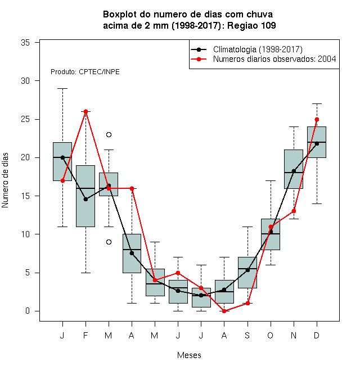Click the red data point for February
coord(85,111)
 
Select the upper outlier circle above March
coord(109,135)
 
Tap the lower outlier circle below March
coord(109,242)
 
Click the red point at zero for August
coord(224,311)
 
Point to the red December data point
coord(317,119)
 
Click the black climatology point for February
coord(85,200)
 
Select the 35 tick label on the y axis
coord(25,43)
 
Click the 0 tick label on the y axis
coord(28,311)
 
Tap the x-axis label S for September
coord(247,336)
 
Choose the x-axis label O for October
coord(270,336)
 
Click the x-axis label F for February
coord(85,336)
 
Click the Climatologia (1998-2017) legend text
coord(258,49)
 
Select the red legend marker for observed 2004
coord(199,59)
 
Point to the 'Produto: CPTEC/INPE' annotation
coord(85,72)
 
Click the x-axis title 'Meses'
coord(189,355)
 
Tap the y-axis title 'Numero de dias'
coord(5,180)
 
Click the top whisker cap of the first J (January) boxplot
coord(63,88)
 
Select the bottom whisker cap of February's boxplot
coord(85,273)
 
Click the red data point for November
coord(294,211)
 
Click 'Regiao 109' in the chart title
coord(251,25)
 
